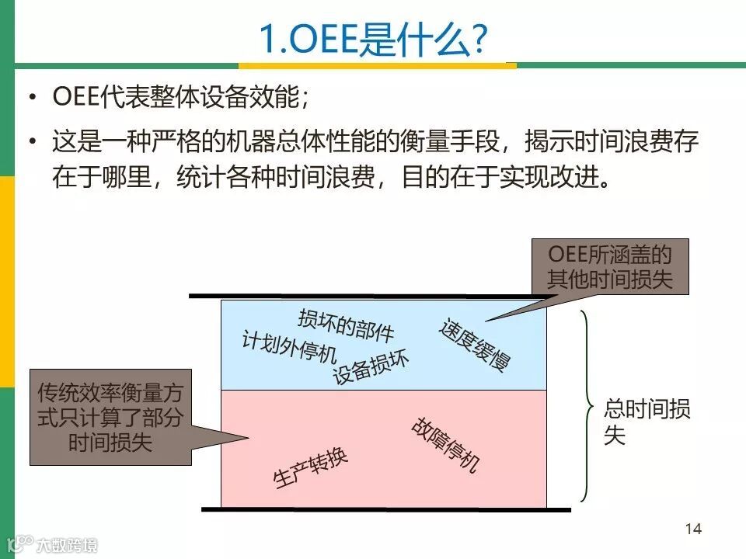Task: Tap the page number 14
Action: (693, 529)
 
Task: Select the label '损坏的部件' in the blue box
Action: (346, 324)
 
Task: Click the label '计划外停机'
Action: (288, 349)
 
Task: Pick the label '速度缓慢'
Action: (475, 344)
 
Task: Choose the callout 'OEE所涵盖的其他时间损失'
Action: (609, 266)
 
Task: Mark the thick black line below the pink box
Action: (385, 510)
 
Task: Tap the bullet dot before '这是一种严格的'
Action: (33, 143)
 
